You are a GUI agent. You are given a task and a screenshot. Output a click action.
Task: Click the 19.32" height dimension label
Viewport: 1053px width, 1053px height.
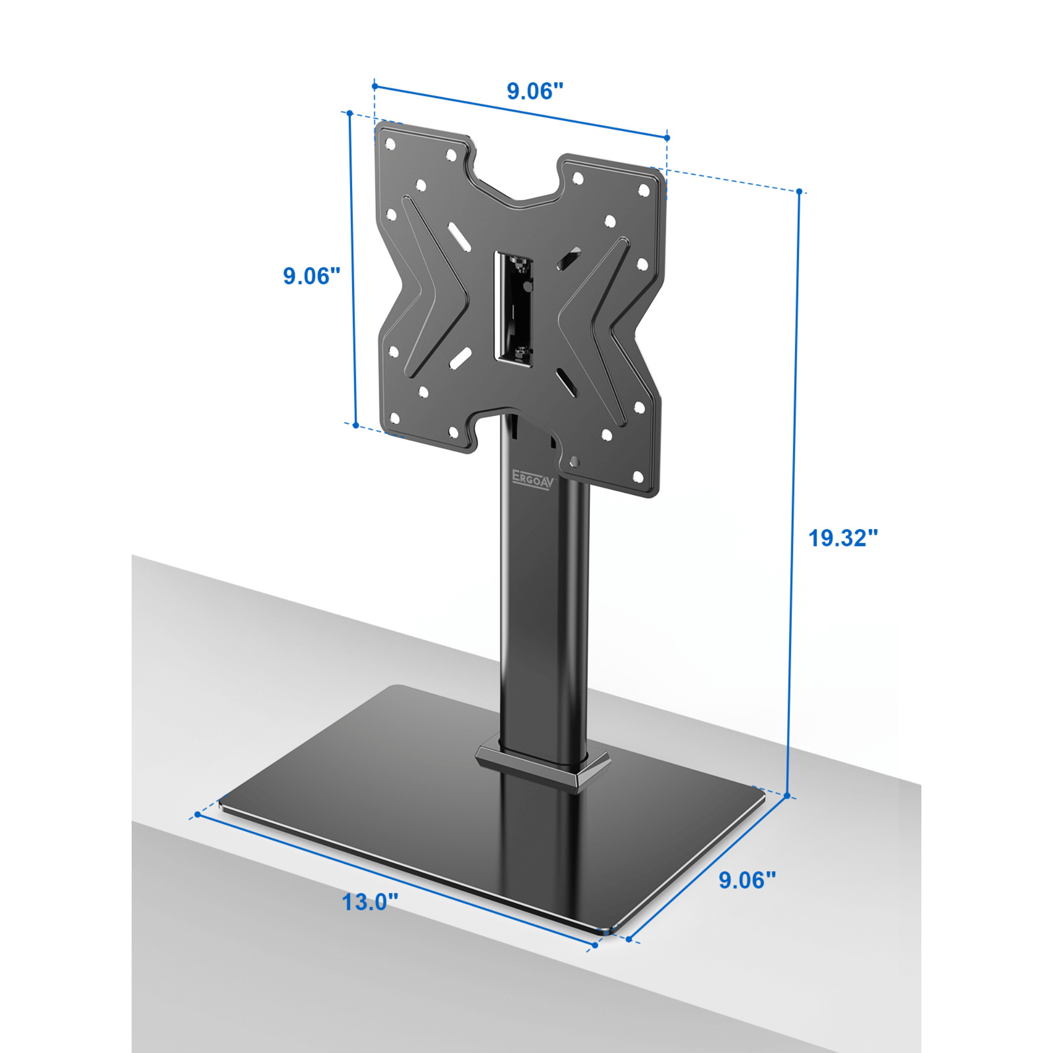coord(842,538)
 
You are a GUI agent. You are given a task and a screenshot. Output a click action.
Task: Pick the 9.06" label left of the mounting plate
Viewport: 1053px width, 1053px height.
coord(311,276)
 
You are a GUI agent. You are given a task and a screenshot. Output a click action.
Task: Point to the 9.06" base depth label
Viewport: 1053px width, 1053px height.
coord(747,880)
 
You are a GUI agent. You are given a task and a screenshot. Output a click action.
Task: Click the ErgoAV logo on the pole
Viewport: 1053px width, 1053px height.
coord(532,482)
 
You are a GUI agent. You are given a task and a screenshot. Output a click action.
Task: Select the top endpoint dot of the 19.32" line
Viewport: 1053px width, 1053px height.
coord(799,192)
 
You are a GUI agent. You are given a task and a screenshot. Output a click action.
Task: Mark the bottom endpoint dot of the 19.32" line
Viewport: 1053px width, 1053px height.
coord(787,796)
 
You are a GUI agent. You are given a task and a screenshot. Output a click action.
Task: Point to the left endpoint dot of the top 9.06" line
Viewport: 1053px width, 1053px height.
coord(374,86)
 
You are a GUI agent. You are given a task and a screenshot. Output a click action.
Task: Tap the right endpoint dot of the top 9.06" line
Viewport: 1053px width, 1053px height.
coord(667,138)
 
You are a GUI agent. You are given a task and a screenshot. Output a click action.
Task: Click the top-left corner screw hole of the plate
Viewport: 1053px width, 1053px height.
coord(390,144)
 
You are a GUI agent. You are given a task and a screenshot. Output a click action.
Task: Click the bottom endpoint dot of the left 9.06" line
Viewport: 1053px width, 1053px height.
coord(356,425)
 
